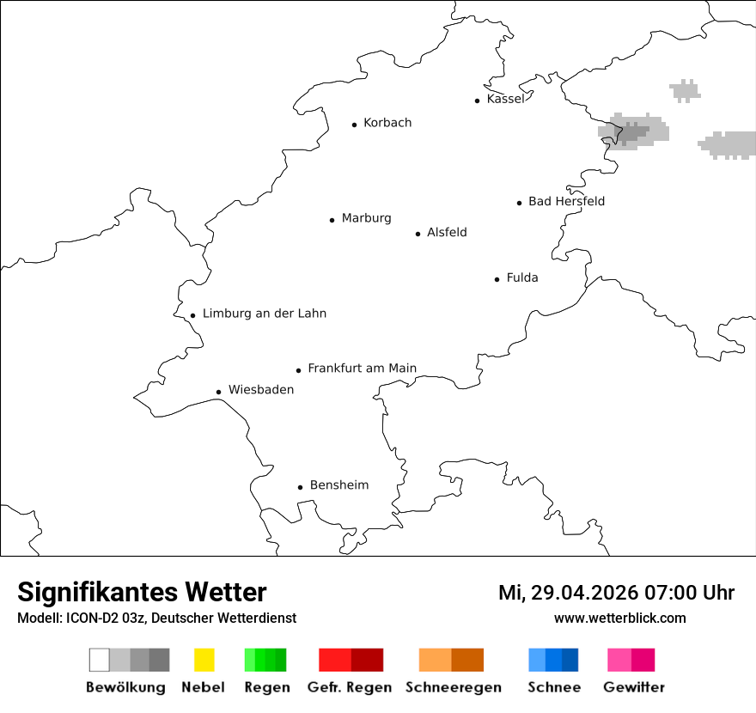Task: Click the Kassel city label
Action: [505, 99]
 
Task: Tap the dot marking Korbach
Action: [354, 125]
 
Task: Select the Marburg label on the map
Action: [366, 218]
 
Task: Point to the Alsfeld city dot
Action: [418, 234]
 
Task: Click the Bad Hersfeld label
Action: [566, 201]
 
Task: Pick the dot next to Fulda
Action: [497, 279]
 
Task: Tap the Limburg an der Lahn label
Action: [264, 314]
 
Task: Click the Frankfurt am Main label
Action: [362, 369]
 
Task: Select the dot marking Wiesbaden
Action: [218, 392]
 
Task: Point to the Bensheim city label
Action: [338, 485]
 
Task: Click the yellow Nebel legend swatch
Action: [204, 660]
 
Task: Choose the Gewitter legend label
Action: [634, 687]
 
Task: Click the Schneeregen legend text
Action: [453, 687]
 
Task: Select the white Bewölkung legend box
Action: [100, 660]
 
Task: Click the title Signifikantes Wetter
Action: [142, 592]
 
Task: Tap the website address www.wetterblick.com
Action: [619, 618]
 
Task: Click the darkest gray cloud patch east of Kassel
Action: [633, 132]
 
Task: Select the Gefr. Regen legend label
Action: [349, 687]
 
